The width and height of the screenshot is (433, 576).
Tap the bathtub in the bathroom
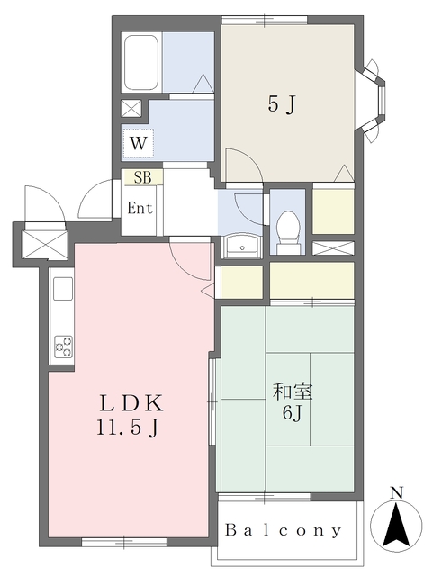141,63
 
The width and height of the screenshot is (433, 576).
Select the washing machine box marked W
138,143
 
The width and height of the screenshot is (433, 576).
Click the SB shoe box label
142,177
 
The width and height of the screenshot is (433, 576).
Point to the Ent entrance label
140,208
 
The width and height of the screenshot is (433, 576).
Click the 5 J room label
281,105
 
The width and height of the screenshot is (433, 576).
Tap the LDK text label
131,404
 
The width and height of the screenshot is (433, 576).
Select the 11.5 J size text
128,427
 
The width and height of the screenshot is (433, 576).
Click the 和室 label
293,392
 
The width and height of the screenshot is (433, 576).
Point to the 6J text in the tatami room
292,413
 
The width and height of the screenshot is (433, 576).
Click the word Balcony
284,530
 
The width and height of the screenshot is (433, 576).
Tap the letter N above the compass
396,492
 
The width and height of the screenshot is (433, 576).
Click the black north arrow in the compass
396,525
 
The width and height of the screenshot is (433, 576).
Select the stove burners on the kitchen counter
63,346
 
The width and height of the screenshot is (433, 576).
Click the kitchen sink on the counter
63,289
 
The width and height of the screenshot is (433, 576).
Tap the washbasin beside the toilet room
242,246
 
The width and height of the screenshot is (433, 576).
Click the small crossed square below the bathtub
131,108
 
